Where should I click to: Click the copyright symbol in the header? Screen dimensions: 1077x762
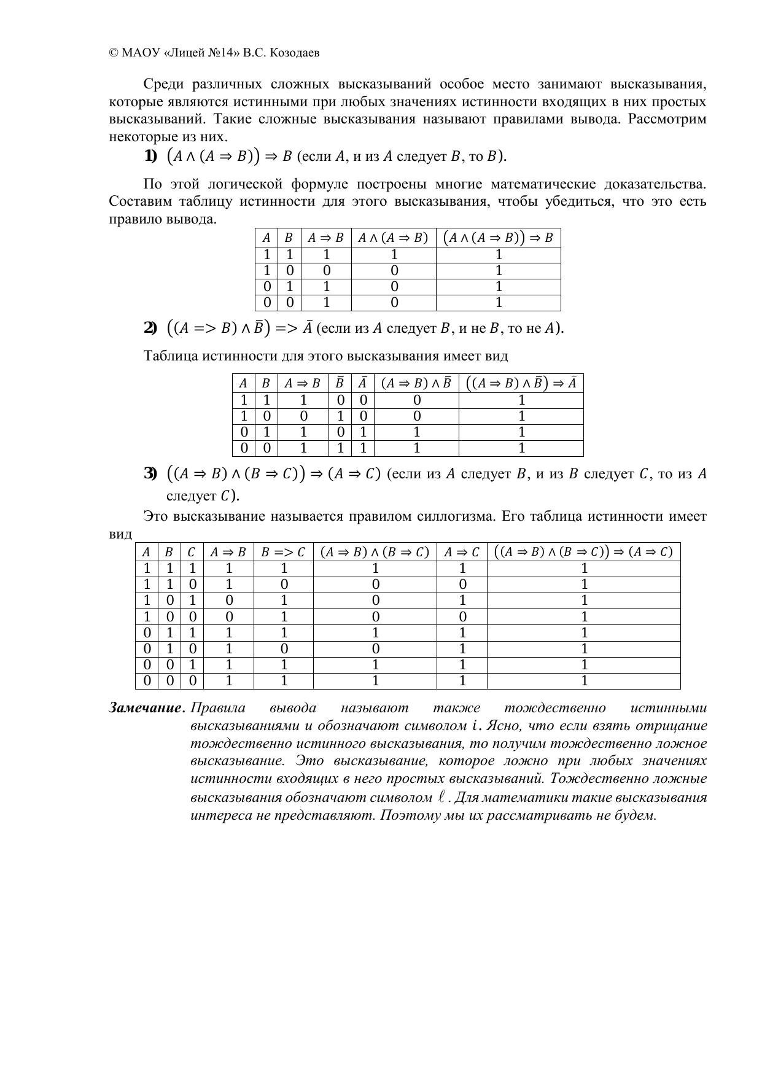[x=113, y=53]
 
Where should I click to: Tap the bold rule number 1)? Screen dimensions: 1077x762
[x=150, y=157]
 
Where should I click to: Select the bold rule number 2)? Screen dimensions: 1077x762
[x=150, y=329]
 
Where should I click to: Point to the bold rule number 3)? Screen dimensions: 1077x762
[x=150, y=474]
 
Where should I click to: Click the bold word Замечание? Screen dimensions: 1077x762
[x=145, y=708]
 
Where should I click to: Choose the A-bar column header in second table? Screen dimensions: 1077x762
[x=363, y=383]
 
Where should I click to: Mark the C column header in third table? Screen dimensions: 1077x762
[x=192, y=552]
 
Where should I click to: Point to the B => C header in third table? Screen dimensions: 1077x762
[x=282, y=552]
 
